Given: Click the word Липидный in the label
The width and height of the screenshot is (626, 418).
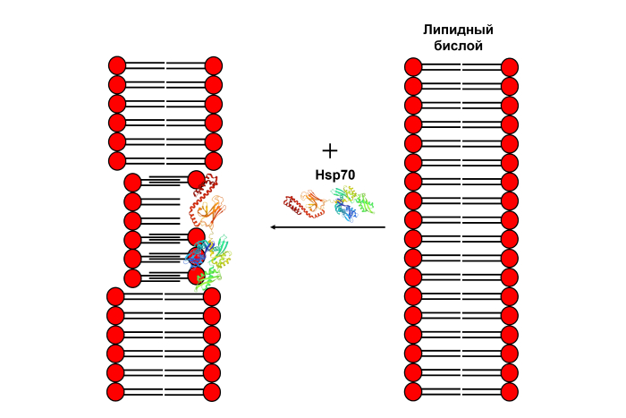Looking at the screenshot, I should click(458, 30).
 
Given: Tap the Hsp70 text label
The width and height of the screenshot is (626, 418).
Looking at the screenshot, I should click(335, 175).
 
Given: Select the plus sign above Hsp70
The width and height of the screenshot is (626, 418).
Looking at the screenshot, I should click(330, 150).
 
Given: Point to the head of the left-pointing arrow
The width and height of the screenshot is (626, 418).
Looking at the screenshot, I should click(274, 227).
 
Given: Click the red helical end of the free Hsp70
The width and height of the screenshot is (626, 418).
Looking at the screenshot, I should click(293, 206).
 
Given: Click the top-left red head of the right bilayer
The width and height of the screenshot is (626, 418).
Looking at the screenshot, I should click(413, 67).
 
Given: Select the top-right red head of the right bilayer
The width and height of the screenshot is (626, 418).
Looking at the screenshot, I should click(510, 67).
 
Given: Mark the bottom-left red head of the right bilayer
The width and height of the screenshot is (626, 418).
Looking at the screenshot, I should click(413, 391).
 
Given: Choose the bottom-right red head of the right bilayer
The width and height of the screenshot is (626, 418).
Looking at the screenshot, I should click(510, 391).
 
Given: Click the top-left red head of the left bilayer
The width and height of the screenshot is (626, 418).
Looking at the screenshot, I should click(117, 65).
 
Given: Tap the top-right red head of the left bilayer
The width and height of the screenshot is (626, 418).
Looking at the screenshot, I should click(213, 65).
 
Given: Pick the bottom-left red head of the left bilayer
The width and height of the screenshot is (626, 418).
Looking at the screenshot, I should click(115, 392).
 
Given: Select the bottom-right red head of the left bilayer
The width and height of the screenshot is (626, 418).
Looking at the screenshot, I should click(212, 392).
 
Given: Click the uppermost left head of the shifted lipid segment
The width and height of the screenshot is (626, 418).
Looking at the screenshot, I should click(132, 182).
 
